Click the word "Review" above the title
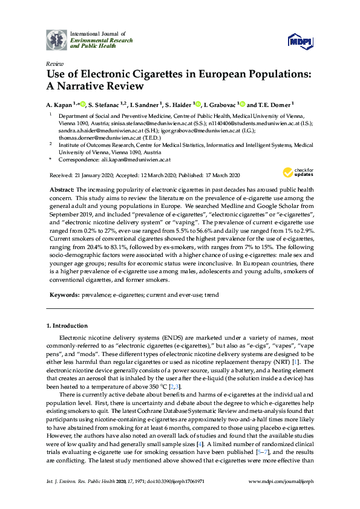54,64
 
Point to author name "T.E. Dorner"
275,104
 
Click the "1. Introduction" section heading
67,326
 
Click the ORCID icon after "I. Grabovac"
240,104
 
